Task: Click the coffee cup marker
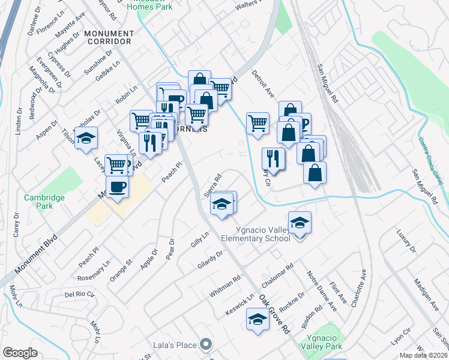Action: point(118,187)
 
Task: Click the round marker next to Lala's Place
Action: point(206,344)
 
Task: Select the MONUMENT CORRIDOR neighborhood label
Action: point(108,37)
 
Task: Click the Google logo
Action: point(20,353)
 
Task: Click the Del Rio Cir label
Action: point(80,295)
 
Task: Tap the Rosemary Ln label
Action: point(95,271)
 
